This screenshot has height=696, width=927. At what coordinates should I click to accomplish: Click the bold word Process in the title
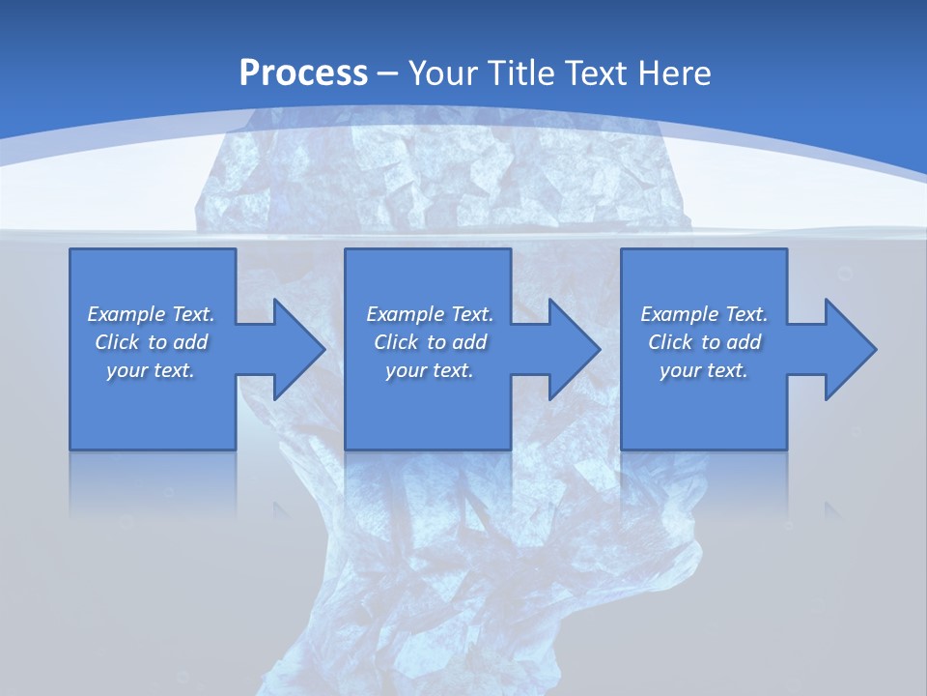point(303,73)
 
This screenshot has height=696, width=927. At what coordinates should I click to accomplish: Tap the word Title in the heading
point(520,73)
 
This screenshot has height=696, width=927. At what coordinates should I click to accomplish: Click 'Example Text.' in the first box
point(151,314)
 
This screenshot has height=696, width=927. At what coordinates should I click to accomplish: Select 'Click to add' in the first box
point(151,342)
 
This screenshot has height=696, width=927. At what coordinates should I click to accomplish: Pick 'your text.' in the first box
point(151,370)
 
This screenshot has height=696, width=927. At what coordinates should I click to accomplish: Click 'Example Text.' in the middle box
point(429,314)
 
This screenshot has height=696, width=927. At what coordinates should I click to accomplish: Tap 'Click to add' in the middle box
point(429,342)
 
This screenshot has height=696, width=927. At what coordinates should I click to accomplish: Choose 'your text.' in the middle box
point(429,370)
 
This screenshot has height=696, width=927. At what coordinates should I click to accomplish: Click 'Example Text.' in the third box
point(704,314)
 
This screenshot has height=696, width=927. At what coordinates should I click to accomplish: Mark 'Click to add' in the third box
point(704,342)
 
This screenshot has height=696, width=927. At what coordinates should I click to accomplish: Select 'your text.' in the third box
point(704,370)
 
